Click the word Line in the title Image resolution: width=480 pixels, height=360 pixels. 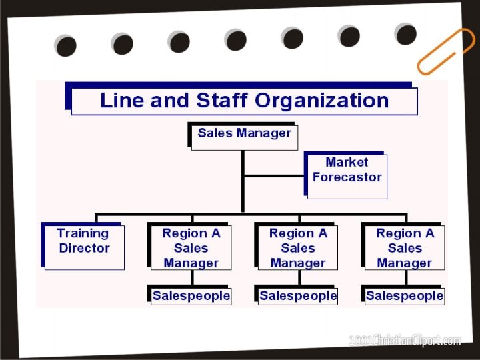click(121, 101)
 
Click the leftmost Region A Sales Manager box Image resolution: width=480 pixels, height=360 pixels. click(191, 247)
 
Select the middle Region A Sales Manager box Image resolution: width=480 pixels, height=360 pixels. click(297, 247)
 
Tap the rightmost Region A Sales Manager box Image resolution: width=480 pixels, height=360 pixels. click(405, 247)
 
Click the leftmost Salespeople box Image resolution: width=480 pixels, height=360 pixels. click(191, 295)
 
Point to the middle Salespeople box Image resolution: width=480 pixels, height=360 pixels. click(297, 295)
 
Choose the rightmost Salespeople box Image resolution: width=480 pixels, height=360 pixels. click(405, 295)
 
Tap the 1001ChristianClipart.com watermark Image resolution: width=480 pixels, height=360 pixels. click(405, 341)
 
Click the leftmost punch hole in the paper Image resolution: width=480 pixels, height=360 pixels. click(66, 46)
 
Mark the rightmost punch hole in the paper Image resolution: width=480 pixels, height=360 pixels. click(405, 34)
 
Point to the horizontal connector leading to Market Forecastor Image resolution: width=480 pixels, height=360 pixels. click(274, 177)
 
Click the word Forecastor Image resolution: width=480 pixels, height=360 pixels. click(347, 177)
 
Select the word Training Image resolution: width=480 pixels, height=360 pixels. click(83, 233)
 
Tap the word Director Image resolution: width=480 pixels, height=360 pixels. click(84, 249)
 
